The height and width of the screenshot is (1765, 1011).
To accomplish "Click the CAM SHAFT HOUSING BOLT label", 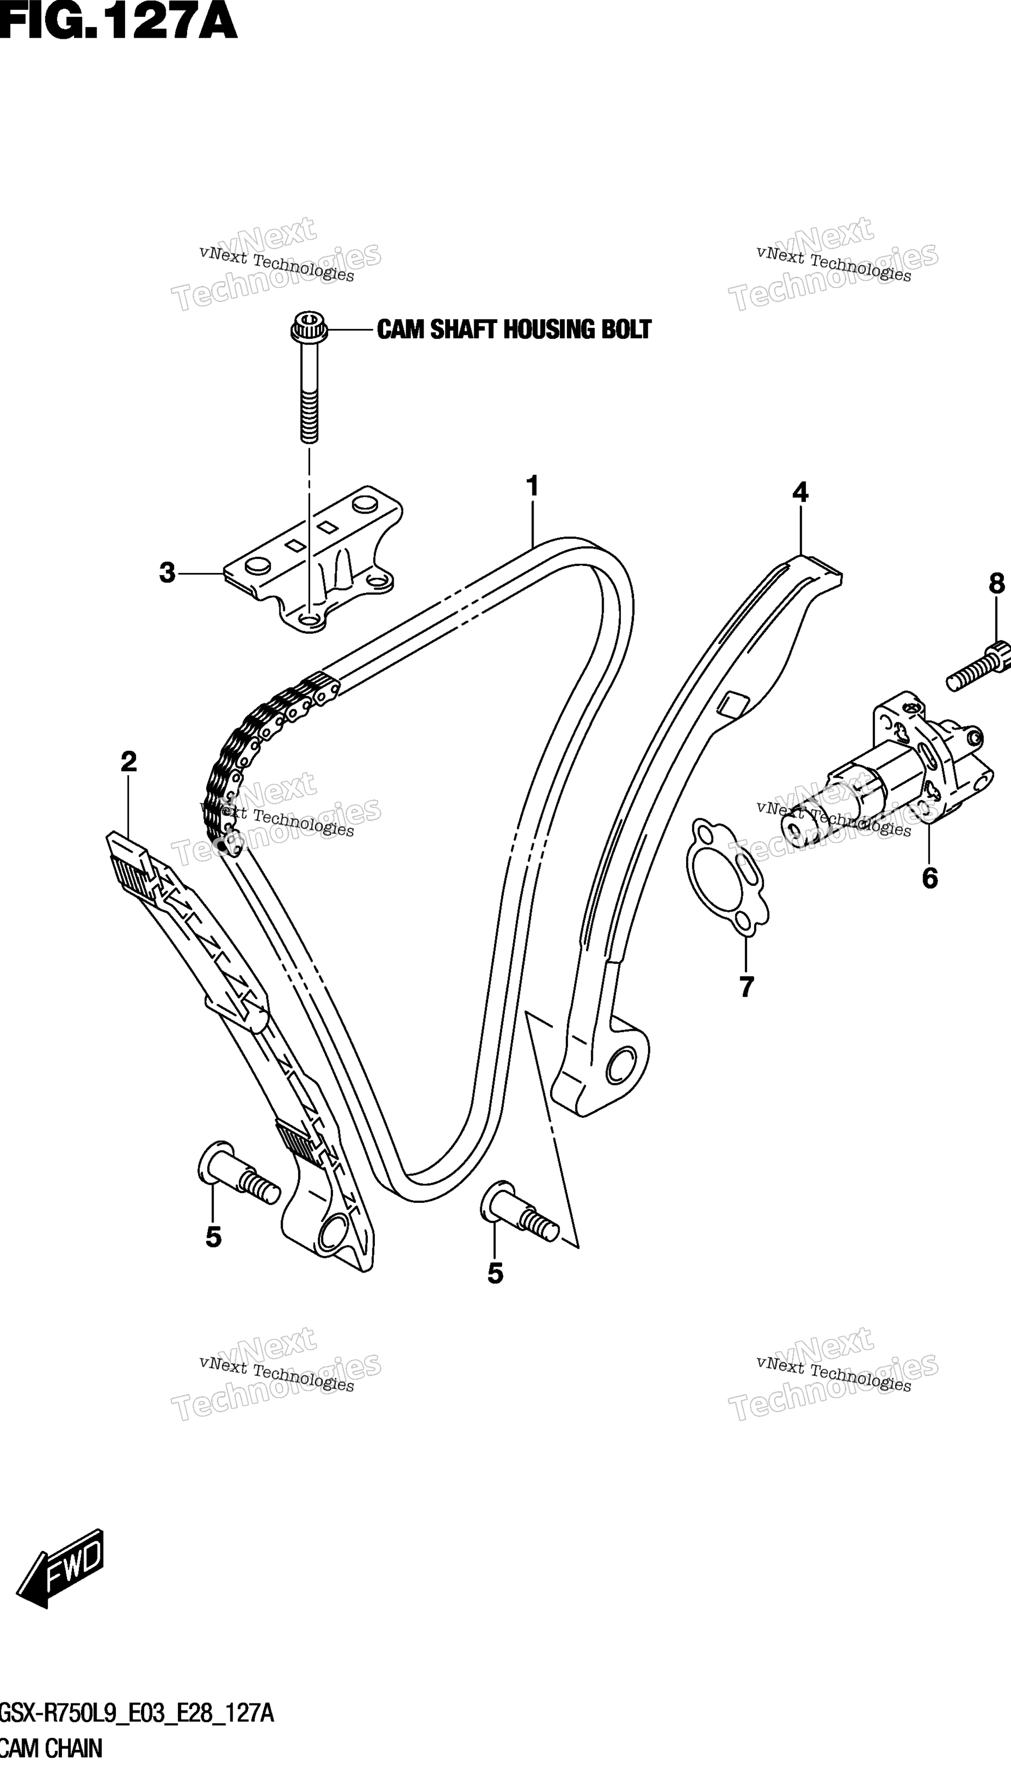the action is [514, 329].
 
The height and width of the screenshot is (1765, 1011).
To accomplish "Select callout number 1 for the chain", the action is [532, 487].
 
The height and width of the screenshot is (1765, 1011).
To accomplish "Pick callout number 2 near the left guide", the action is [128, 762].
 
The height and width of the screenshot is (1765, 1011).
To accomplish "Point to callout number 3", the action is [167, 573].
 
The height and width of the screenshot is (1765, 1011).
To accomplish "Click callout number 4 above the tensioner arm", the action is [800, 493].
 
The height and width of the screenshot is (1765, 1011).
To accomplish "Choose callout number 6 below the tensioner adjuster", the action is [930, 878].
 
